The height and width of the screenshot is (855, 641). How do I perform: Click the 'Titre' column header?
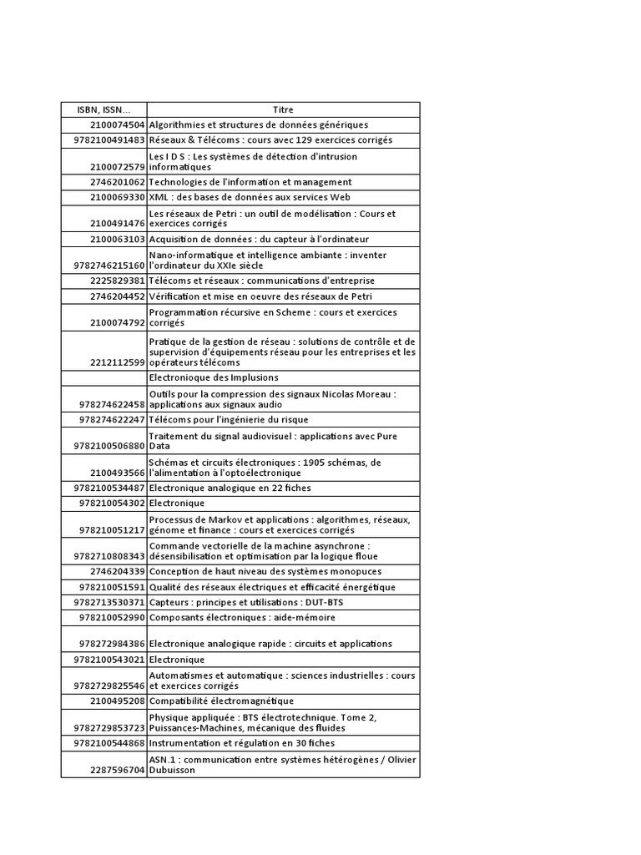tap(283, 109)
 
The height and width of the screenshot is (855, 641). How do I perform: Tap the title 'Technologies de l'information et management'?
tap(250, 182)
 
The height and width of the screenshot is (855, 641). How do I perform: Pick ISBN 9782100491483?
tap(109, 140)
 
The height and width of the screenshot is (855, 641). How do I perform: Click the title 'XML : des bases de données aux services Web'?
tap(250, 197)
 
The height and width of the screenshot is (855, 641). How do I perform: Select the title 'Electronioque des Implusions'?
tap(214, 377)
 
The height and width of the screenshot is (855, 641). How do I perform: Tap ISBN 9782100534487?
tap(109, 488)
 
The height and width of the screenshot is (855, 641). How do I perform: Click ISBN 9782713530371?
tap(109, 602)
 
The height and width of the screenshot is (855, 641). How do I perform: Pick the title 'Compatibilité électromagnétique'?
tap(221, 701)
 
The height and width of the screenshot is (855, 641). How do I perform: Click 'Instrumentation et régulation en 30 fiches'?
tap(242, 743)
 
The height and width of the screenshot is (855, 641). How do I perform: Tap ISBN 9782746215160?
tap(109, 265)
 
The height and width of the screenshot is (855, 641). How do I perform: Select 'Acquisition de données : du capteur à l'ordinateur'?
tap(259, 239)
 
